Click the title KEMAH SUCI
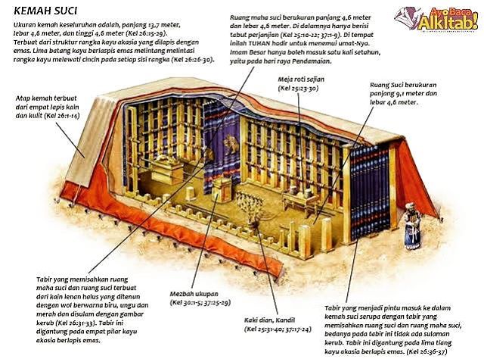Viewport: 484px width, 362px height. pyautogui.click(x=45, y=11)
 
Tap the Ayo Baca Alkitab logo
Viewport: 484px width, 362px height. pyautogui.click(x=436, y=18)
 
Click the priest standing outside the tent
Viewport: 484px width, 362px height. pyautogui.click(x=412, y=226)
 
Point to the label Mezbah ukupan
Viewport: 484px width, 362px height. pyautogui.click(x=194, y=294)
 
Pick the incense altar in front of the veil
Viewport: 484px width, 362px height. pyautogui.click(x=222, y=190)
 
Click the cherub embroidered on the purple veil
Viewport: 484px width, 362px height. pyautogui.click(x=230, y=144)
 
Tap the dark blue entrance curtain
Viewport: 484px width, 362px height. pyautogui.click(x=370, y=192)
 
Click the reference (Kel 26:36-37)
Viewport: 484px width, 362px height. pyautogui.click(x=427, y=351)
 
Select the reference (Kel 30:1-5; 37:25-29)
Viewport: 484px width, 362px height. pyautogui.click(x=200, y=303)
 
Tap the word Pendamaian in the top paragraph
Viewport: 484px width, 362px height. pyautogui.click(x=312, y=61)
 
